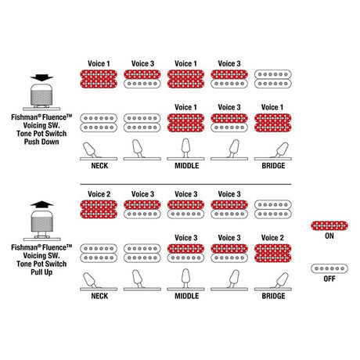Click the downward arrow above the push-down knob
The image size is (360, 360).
[41, 77]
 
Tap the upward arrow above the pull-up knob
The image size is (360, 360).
[41, 204]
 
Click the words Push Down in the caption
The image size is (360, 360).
[41, 142]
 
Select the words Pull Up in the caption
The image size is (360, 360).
[41, 272]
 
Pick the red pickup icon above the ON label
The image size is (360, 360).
[329, 225]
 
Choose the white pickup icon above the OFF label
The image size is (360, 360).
[329, 268]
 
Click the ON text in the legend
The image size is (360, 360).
[329, 236]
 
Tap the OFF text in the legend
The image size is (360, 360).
[329, 279]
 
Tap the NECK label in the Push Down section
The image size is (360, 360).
[99, 166]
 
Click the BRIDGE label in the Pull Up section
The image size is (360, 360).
[273, 296]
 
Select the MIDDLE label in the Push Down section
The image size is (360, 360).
[187, 166]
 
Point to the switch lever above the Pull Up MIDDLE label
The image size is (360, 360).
[185, 279]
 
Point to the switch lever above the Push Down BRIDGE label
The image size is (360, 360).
[280, 150]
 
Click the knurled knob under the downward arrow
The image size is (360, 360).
[41, 95]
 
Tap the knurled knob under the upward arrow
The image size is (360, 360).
[41, 224]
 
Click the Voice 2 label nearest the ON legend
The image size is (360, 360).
[272, 238]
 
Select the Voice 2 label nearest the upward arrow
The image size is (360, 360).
[99, 194]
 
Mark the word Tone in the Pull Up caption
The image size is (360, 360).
[23, 264]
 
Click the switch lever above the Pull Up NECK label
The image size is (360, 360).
[90, 280]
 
